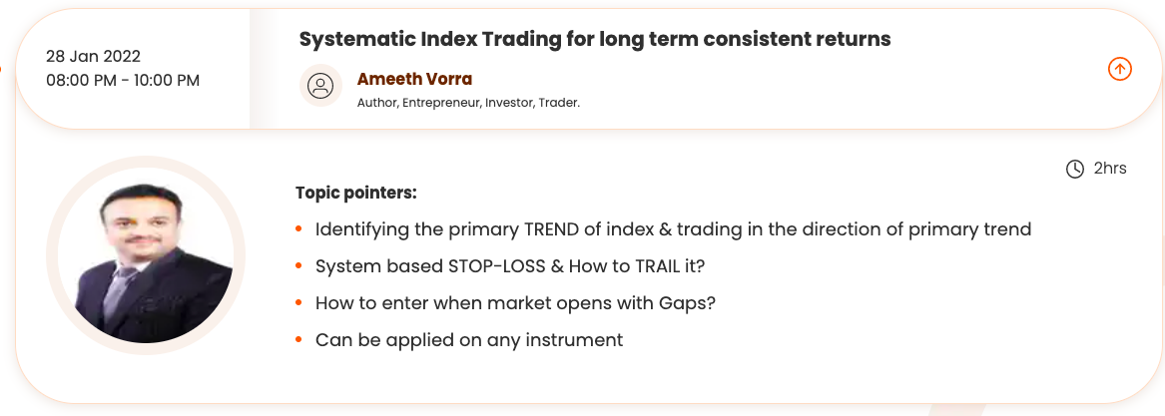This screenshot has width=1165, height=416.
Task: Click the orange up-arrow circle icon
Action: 1120,69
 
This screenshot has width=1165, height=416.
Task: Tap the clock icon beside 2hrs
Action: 1075,170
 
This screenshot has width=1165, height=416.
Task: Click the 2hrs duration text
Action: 1110,169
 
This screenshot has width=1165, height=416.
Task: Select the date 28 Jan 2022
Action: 93,57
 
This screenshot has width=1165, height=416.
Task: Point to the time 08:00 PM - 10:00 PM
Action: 123,80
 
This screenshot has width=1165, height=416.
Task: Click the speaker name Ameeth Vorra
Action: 414,79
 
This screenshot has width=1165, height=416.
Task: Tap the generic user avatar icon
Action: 321,86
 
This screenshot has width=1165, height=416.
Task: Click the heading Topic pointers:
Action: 356,194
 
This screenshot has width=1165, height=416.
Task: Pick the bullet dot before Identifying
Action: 298,228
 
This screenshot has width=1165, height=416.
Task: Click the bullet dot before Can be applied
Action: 298,340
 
